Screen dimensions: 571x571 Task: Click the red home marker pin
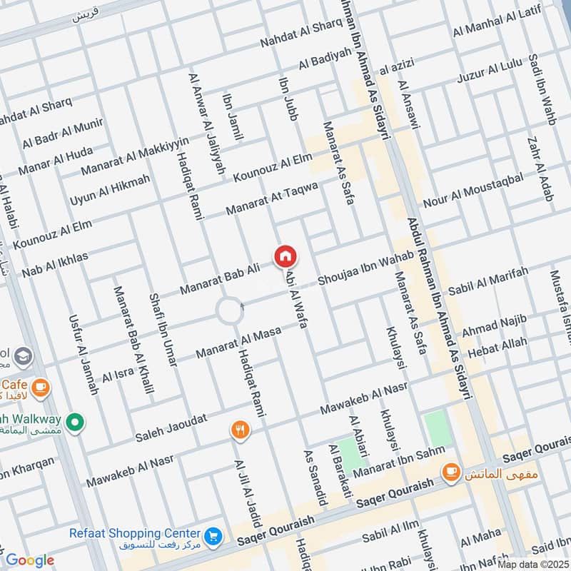(x=285, y=256)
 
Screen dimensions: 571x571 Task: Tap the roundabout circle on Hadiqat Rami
(x=230, y=311)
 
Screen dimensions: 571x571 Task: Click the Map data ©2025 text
(x=534, y=564)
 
